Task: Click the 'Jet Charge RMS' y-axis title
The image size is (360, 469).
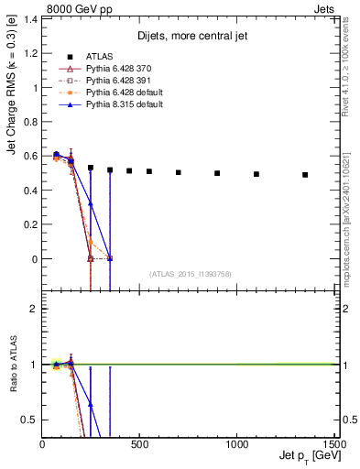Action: click(x=12, y=119)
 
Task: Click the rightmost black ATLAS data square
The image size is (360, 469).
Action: click(x=305, y=175)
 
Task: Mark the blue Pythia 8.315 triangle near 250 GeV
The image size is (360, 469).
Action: click(x=91, y=204)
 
